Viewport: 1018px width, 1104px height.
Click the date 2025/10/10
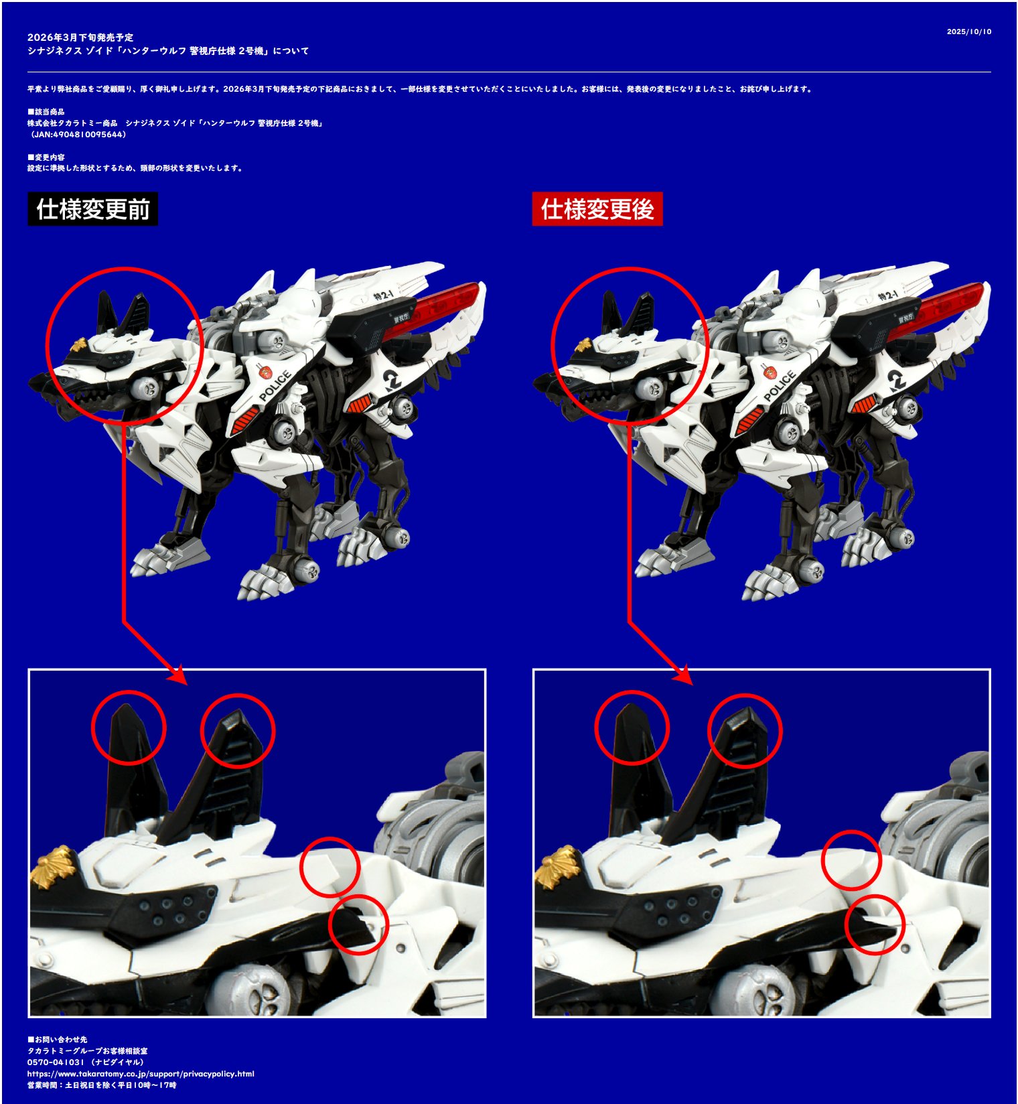(969, 31)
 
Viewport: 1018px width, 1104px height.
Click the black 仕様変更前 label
(93, 209)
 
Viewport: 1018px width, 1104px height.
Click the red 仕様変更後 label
(597, 209)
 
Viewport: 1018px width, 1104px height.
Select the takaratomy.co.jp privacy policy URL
(141, 1074)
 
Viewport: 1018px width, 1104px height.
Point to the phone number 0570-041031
(56, 1062)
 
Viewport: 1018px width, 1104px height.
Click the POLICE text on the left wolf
(275, 385)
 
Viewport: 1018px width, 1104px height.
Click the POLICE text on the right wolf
(780, 385)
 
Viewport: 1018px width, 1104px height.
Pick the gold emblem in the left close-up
(54, 867)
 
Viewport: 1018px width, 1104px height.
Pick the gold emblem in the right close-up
(557, 867)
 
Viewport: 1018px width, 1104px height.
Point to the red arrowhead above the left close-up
(177, 675)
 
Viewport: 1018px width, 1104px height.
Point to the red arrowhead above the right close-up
(682, 675)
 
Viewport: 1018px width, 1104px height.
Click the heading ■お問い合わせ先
(57, 1040)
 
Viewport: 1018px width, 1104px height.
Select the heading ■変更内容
(46, 157)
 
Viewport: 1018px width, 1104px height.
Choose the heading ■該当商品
(46, 112)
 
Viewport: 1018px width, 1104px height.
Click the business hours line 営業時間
(102, 1085)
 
